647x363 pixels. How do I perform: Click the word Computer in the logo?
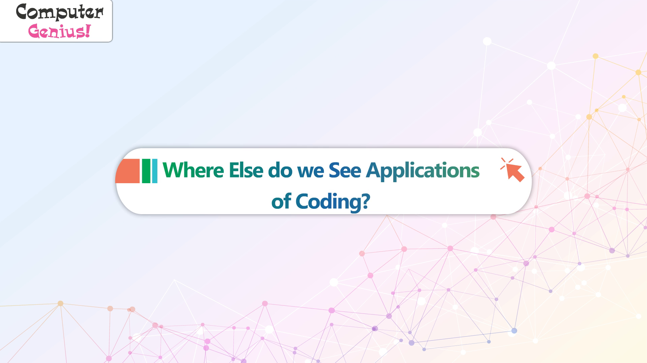pyautogui.click(x=59, y=12)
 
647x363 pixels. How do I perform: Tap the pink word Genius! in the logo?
pyautogui.click(x=59, y=31)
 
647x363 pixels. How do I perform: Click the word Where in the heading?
pyautogui.click(x=193, y=170)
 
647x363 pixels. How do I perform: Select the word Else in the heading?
pyautogui.click(x=246, y=170)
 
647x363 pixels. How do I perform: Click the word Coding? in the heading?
pyautogui.click(x=333, y=202)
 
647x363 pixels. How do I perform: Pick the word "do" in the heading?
pyautogui.click(x=280, y=170)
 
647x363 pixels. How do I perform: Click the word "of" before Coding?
pyautogui.click(x=281, y=201)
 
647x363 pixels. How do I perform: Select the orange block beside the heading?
pyautogui.click(x=127, y=171)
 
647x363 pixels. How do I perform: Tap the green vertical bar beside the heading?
pyautogui.click(x=146, y=171)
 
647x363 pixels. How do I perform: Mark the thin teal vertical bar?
pyautogui.click(x=155, y=171)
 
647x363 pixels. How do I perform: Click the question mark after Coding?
pyautogui.click(x=365, y=201)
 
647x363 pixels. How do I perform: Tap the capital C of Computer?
pyautogui.click(x=23, y=12)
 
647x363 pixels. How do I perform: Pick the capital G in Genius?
pyautogui.click(x=35, y=31)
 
